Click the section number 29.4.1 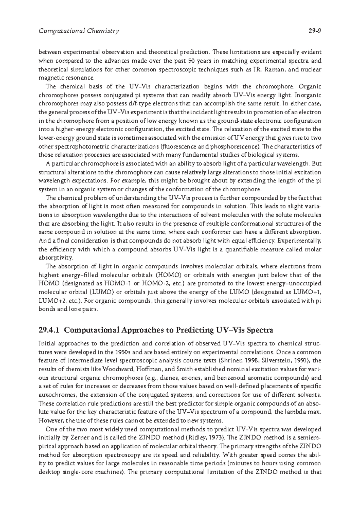tap(50, 330)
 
